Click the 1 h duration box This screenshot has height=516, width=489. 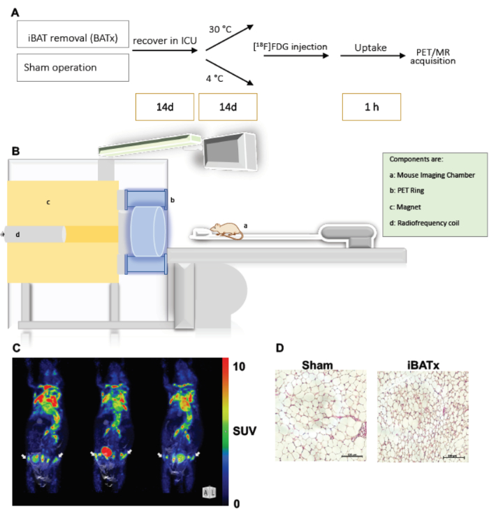point(371,108)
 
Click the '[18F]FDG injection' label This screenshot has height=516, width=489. point(290,46)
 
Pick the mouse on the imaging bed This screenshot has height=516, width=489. point(224,230)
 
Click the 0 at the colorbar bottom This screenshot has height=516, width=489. point(238,502)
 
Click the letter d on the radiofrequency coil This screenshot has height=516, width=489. point(17,234)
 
